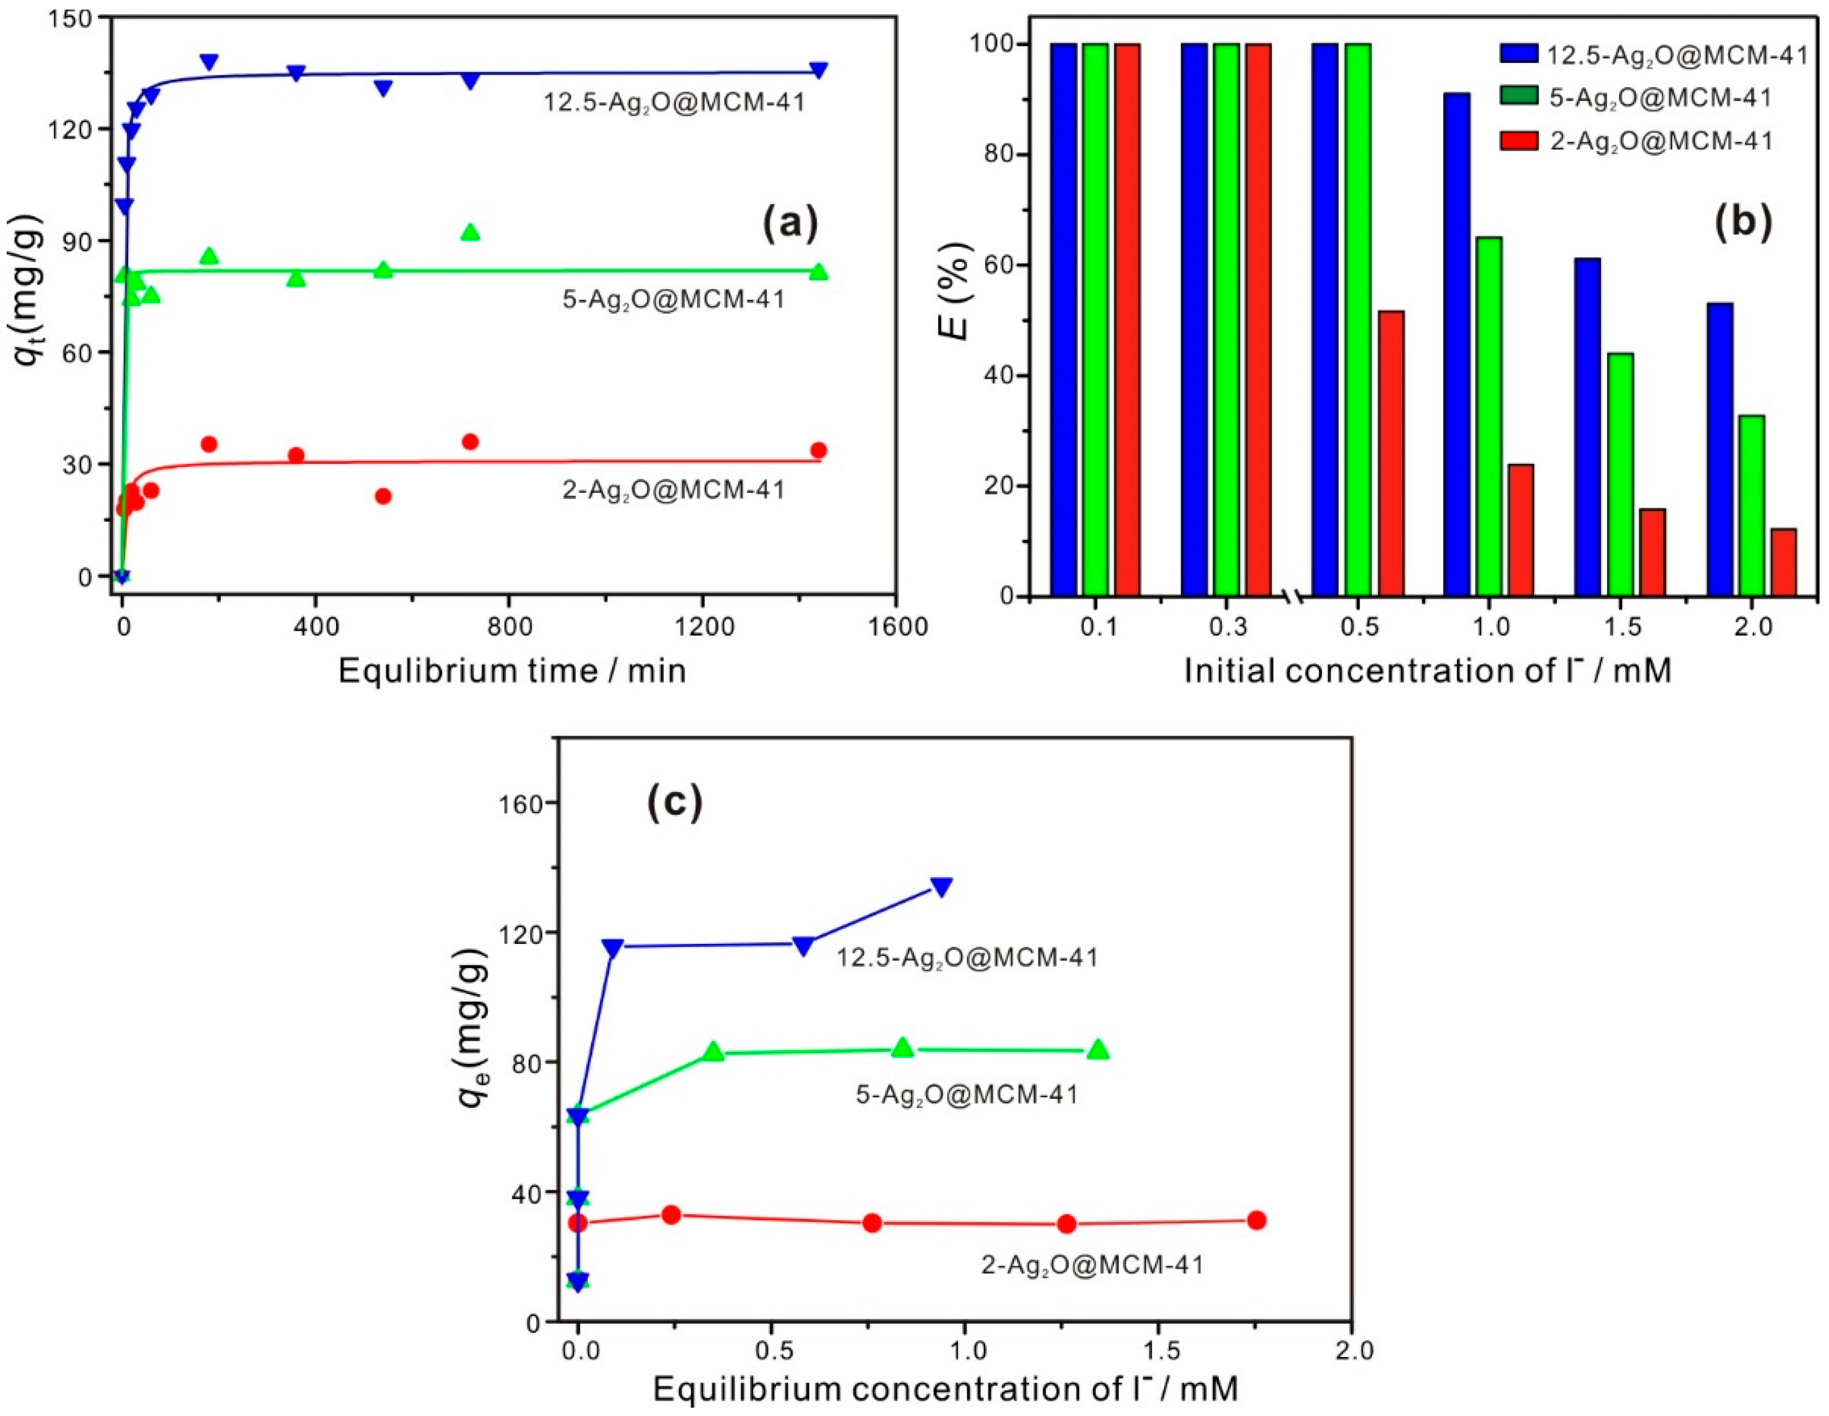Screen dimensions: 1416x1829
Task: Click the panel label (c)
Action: tap(675, 801)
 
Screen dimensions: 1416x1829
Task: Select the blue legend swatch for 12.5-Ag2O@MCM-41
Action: tap(1518, 55)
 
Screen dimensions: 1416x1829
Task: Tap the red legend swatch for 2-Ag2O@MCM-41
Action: tap(1518, 141)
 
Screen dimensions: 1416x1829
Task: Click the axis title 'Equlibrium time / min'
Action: tap(512, 671)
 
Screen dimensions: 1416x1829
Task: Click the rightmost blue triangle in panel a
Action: tap(818, 70)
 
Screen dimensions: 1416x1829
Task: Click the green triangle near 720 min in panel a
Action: tap(471, 232)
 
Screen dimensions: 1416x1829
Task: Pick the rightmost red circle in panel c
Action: tap(1256, 1220)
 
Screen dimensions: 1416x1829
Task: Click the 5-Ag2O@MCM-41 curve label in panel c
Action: tap(966, 1093)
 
